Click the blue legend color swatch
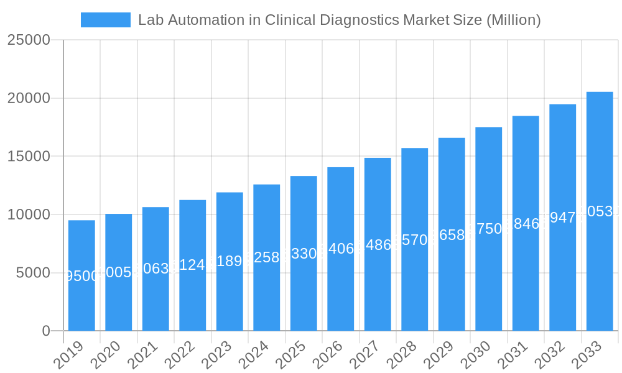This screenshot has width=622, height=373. [x=105, y=20]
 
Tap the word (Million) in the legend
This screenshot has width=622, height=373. [x=513, y=20]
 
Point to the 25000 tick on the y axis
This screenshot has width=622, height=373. [x=29, y=40]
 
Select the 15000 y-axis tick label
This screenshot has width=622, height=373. [x=29, y=156]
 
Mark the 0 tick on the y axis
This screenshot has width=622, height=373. [x=46, y=331]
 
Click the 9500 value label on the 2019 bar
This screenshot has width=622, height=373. [x=81, y=276]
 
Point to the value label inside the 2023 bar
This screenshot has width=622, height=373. [x=230, y=261]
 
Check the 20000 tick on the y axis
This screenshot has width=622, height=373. [x=29, y=98]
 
